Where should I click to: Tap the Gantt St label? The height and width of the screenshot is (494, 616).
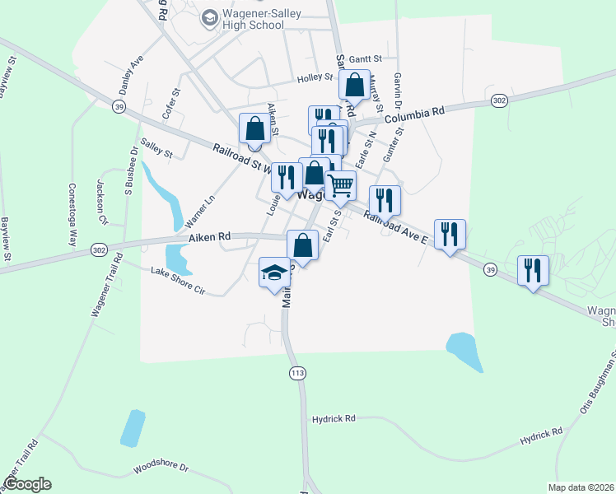(x=366, y=59)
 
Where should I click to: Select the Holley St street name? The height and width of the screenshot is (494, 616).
(x=315, y=79)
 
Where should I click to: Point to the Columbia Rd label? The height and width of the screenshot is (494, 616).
(x=414, y=111)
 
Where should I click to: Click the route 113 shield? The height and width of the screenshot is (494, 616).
(x=297, y=374)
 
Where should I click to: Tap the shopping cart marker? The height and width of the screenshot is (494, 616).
(x=340, y=185)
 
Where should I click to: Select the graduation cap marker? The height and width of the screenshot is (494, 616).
(x=275, y=273)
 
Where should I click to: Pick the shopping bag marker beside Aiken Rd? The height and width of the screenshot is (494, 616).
(x=302, y=245)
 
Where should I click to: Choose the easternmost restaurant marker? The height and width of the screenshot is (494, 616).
(x=533, y=270)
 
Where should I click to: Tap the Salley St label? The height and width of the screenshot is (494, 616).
(x=156, y=148)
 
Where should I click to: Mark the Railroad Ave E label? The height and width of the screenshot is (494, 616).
(x=396, y=227)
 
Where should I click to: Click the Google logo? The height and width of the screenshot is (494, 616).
(x=26, y=484)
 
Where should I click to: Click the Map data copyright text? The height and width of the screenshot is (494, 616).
(x=581, y=487)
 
